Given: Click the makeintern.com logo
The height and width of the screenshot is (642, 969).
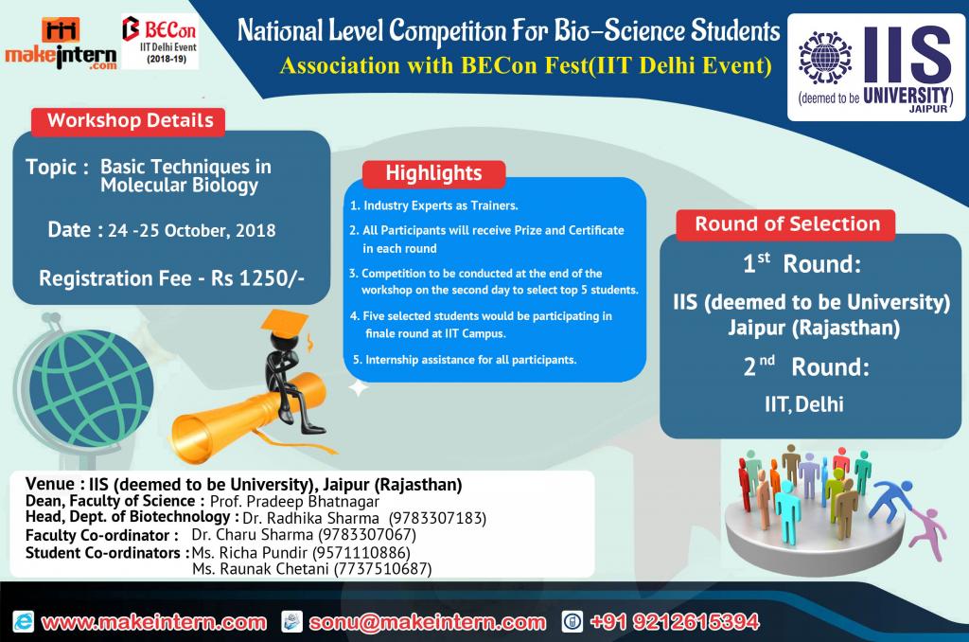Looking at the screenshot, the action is click(61, 44).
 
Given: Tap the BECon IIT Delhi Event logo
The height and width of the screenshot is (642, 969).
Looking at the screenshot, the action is click(160, 41).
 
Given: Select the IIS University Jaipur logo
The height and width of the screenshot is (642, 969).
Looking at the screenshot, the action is click(875, 67).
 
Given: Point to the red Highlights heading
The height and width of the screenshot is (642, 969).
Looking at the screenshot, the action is click(433, 173).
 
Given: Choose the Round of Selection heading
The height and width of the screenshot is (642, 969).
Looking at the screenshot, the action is click(786, 223).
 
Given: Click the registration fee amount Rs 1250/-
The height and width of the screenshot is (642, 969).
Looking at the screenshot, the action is click(257, 278).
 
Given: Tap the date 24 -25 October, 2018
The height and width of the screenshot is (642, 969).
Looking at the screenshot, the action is click(191, 231).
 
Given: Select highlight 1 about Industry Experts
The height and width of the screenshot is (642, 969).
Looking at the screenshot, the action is click(433, 205).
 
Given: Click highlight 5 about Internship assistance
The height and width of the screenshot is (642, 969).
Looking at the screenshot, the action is click(464, 359).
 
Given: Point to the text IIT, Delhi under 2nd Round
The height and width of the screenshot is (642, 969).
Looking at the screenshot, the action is click(803, 404).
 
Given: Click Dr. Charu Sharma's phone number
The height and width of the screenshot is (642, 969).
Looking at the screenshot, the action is click(367, 534).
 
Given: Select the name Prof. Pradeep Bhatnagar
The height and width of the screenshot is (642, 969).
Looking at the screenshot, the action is click(294, 501).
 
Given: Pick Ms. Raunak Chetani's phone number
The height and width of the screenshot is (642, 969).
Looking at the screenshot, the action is click(382, 568).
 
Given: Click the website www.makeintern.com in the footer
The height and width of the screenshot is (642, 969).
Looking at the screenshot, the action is click(154, 622).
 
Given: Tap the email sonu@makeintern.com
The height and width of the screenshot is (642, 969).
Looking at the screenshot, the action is click(428, 622).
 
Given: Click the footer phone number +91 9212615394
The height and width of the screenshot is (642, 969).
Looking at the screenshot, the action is click(674, 621).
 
